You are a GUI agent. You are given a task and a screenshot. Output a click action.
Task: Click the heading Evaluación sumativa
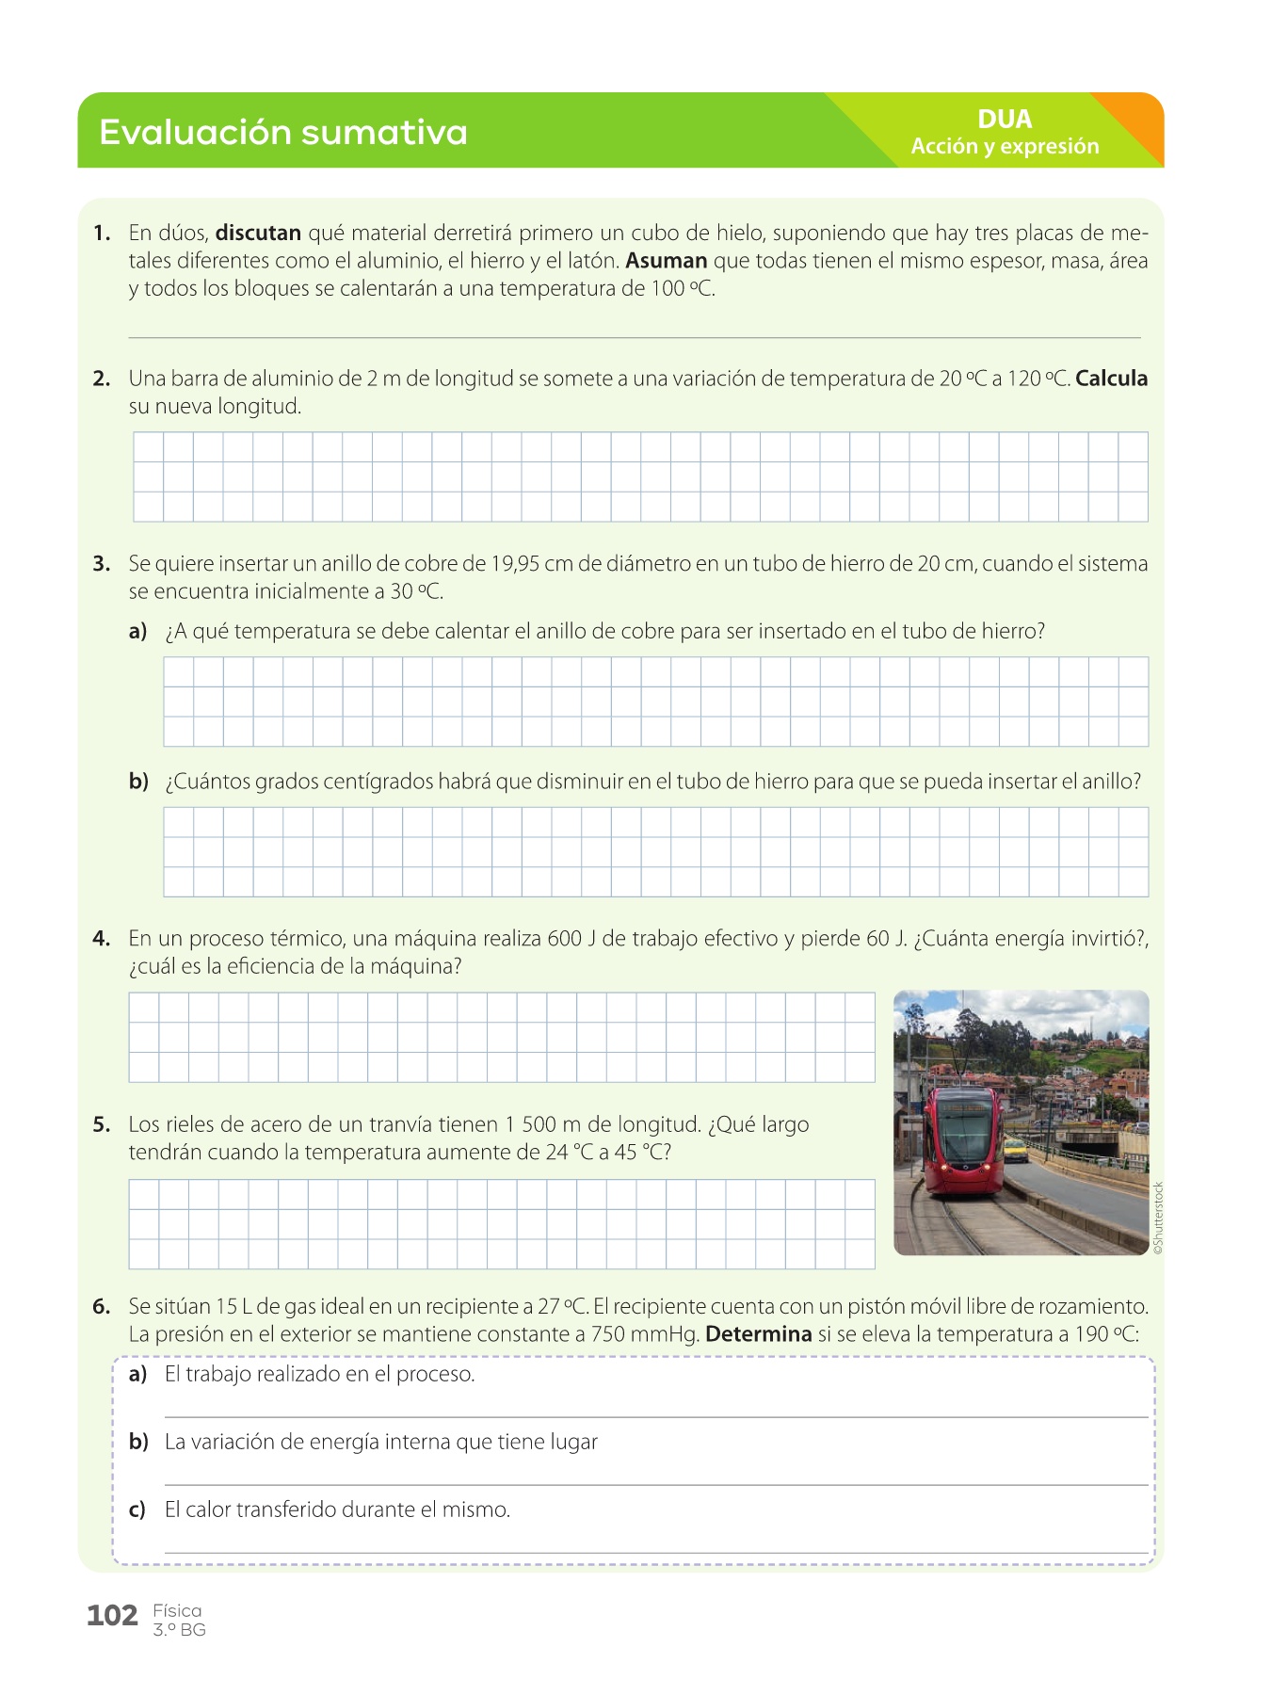click(x=282, y=132)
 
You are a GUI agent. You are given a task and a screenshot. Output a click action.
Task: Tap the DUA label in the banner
click(x=1005, y=120)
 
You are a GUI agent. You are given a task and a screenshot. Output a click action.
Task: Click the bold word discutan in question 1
click(x=258, y=233)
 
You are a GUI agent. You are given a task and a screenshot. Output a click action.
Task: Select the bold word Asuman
click(x=666, y=261)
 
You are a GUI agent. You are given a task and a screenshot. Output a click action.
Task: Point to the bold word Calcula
click(x=1111, y=379)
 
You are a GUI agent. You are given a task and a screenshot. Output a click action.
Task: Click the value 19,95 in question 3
click(x=514, y=564)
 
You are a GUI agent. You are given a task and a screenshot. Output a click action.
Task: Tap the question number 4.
click(x=101, y=939)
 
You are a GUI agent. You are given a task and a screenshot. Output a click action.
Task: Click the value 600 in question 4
click(x=564, y=939)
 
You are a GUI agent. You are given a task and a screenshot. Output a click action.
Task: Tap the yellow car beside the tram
click(x=1016, y=1150)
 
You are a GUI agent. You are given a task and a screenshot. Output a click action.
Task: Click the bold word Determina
click(x=758, y=1334)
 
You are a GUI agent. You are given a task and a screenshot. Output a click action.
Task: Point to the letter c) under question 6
click(x=137, y=1509)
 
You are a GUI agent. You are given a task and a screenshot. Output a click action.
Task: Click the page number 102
click(x=112, y=1616)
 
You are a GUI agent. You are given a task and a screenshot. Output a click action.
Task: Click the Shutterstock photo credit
click(x=1158, y=1218)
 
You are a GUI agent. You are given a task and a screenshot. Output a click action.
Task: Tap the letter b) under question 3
click(x=138, y=782)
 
